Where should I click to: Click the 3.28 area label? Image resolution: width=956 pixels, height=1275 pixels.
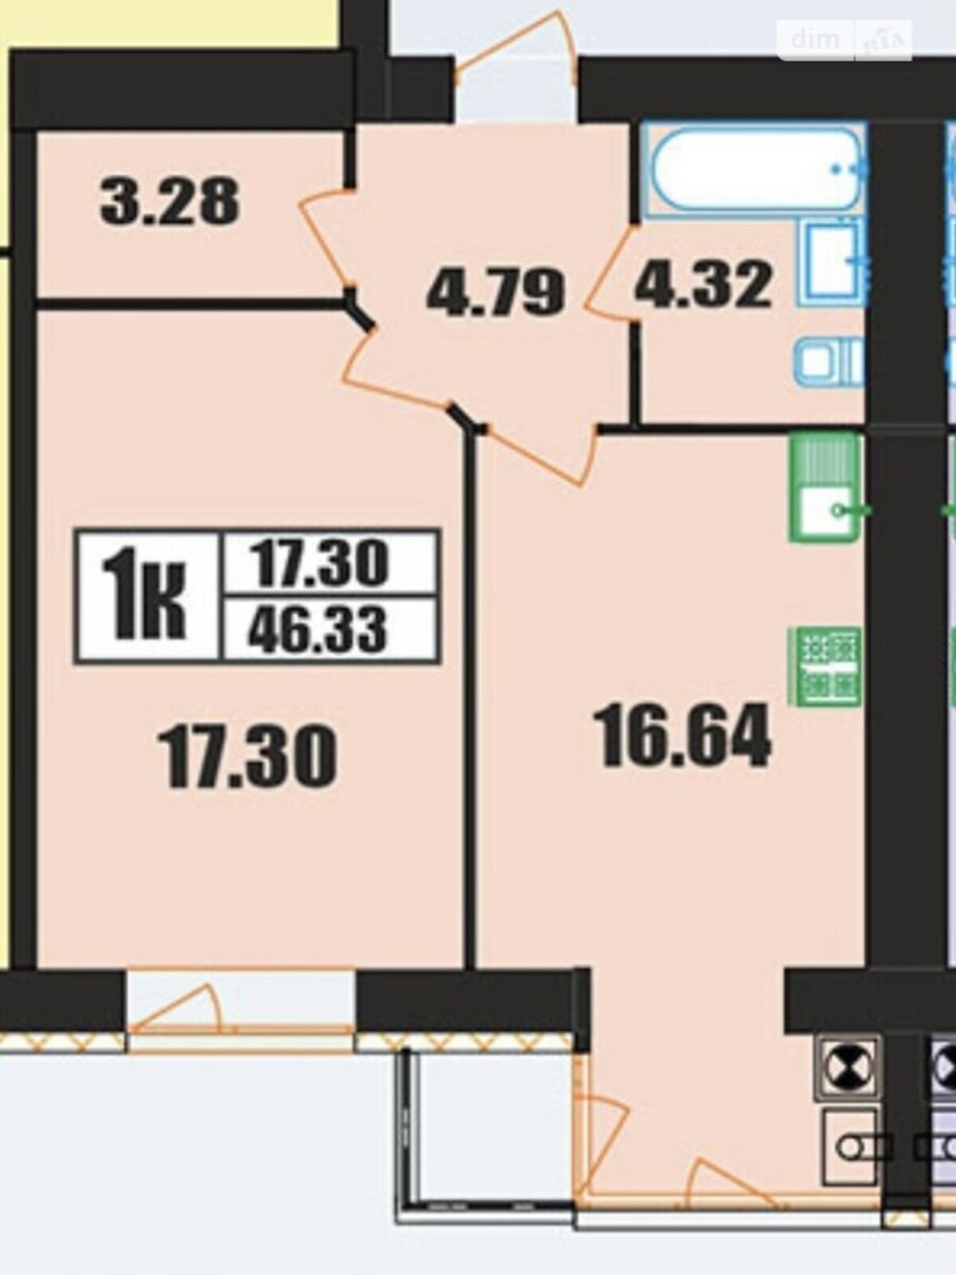tap(170, 202)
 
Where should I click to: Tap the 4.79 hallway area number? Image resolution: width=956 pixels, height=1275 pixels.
tap(496, 292)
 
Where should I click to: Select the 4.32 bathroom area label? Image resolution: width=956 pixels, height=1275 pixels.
tap(703, 284)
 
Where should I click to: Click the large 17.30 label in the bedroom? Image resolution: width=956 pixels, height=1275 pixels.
tap(248, 758)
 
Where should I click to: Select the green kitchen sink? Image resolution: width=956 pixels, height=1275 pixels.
tap(825, 488)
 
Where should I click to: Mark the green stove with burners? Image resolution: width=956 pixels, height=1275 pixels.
tap(825, 666)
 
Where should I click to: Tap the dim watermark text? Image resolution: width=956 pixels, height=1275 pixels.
tap(815, 39)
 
